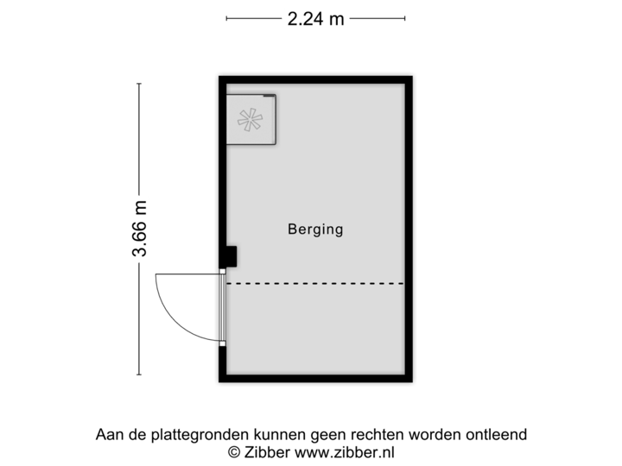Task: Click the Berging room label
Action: [315, 230]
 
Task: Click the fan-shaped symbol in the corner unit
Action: [251, 120]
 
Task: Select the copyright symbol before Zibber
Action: [233, 451]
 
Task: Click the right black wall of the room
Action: [411, 229]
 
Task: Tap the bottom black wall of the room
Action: [315, 381]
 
